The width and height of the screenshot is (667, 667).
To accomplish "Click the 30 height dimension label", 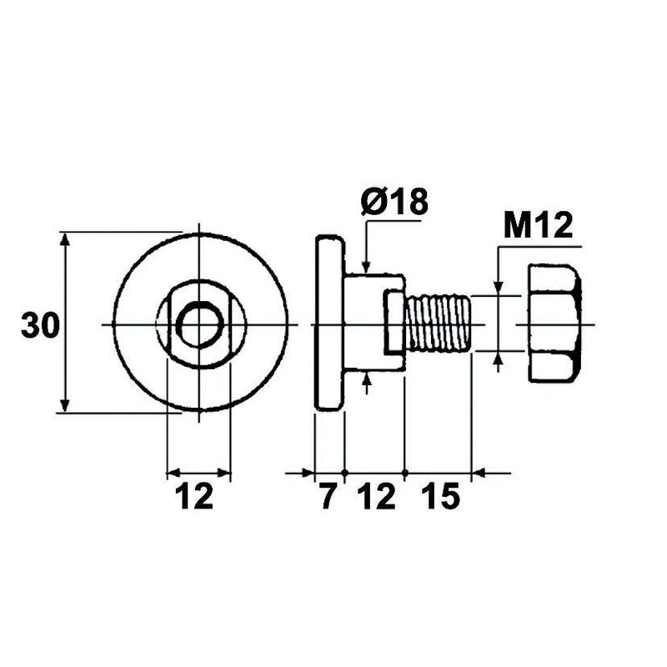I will click(40, 325).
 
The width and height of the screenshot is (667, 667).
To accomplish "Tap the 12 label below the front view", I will click(193, 498).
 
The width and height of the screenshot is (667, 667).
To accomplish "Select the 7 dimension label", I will click(328, 498).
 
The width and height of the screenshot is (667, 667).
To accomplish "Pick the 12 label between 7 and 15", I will click(376, 498).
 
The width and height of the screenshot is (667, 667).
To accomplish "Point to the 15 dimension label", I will click(439, 498).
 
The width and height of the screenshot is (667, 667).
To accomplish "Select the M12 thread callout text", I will click(539, 226).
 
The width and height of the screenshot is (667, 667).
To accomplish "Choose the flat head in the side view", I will click(328, 323).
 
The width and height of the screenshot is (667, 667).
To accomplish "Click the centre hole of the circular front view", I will click(199, 324).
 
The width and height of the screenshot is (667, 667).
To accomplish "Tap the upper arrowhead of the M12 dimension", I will click(498, 288).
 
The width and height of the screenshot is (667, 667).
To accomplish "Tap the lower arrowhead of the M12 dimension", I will click(498, 359).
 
